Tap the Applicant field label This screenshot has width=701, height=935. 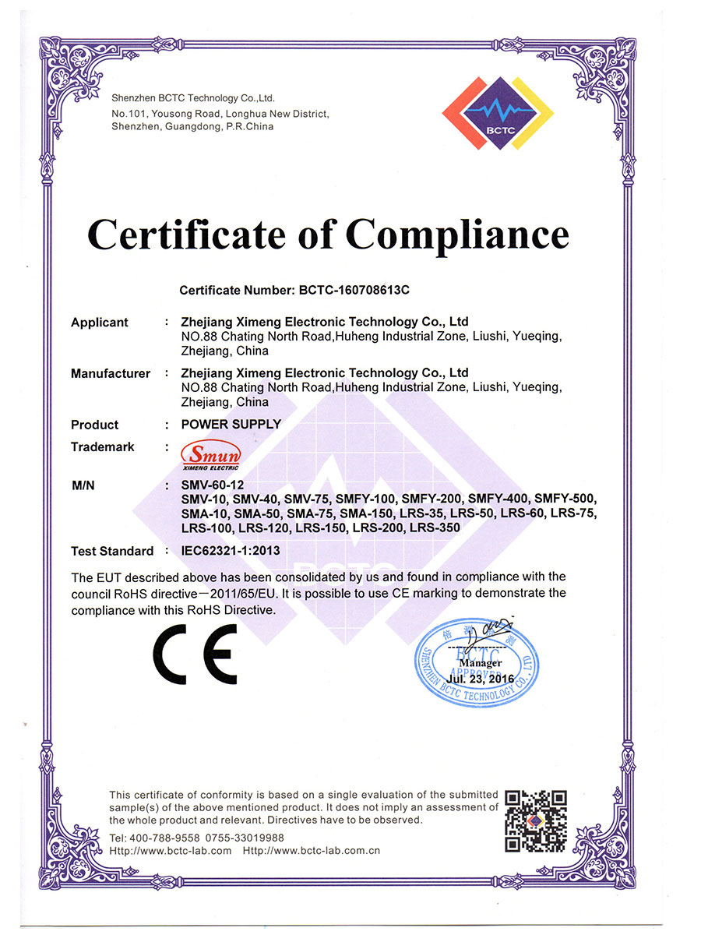[100, 323]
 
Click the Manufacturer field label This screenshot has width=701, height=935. [111, 374]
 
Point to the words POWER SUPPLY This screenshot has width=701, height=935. [231, 425]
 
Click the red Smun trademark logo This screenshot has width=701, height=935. [210, 454]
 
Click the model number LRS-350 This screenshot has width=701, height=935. [435, 527]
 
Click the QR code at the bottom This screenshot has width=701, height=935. [536, 820]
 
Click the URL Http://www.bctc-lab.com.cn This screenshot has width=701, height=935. [312, 850]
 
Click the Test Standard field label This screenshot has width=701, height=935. [112, 551]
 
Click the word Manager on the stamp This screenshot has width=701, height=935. [481, 663]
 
